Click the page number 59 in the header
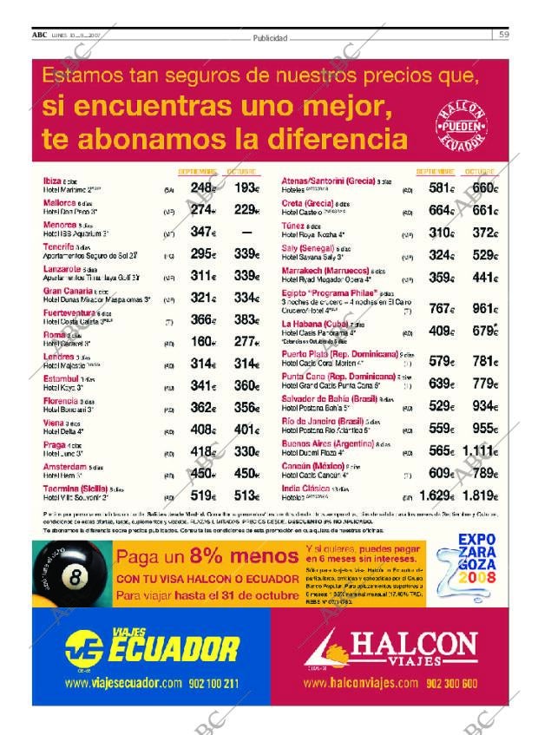click(x=503, y=35)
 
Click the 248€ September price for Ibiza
click(x=203, y=187)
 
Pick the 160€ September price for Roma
click(x=203, y=341)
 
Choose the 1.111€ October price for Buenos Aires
click(x=480, y=450)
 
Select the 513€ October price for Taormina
click(x=248, y=495)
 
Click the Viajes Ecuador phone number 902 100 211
click(x=213, y=683)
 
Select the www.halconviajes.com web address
click(x=362, y=683)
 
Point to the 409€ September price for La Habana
click(x=441, y=330)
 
